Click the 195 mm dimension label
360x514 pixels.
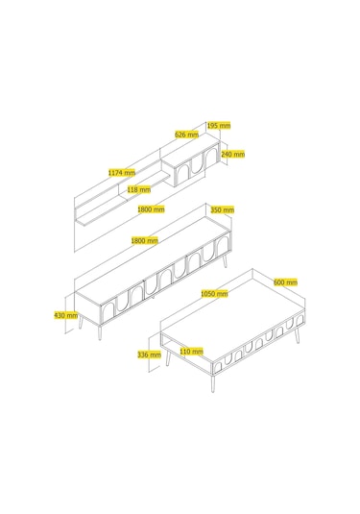pyautogui.click(x=219, y=125)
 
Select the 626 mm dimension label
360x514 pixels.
pyautogui.click(x=186, y=135)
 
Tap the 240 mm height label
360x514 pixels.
pyautogui.click(x=233, y=154)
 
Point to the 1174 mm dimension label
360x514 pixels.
pyautogui.click(x=122, y=172)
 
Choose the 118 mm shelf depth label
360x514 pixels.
pyautogui.click(x=139, y=189)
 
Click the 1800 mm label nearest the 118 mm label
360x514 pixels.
pyautogui.click(x=151, y=209)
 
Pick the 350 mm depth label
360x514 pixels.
pyautogui.click(x=223, y=209)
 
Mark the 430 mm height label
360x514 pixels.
pyautogui.click(x=66, y=315)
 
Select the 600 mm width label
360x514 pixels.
pyautogui.click(x=286, y=281)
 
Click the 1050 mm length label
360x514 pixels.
pyautogui.click(x=214, y=294)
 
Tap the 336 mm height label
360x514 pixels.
pyautogui.click(x=150, y=355)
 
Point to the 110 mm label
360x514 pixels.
pyautogui.click(x=192, y=352)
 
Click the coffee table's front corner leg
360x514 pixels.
pyautogui.click(x=212, y=383)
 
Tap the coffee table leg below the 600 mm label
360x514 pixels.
pyautogui.click(x=297, y=335)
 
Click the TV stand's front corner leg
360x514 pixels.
pyautogui.click(x=100, y=331)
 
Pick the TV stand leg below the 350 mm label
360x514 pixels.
pyautogui.click(x=225, y=261)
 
